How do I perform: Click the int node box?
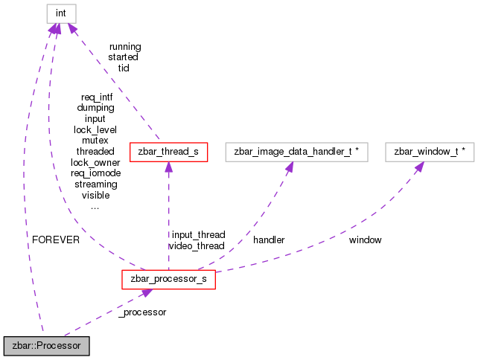[x=61, y=13]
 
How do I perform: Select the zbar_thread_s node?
[x=168, y=152]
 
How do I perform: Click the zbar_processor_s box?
[x=168, y=279]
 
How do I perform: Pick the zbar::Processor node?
[x=46, y=346]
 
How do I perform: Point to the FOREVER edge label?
[x=56, y=240]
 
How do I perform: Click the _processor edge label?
[x=142, y=312]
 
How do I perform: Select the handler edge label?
[x=269, y=240]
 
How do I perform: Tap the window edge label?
[x=365, y=240]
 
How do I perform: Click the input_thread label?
[x=197, y=234]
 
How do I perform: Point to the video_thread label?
[x=197, y=245]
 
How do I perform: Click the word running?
[x=124, y=46]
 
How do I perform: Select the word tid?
[x=124, y=68]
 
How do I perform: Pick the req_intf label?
[x=97, y=97]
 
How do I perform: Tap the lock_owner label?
[x=95, y=162]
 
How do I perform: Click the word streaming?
[x=96, y=184]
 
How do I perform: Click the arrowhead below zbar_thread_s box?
[x=168, y=169]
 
